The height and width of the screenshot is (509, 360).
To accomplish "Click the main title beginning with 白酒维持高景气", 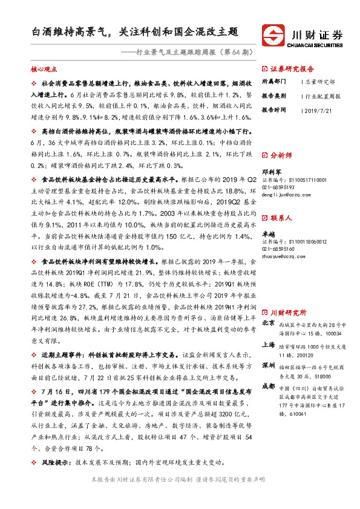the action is tap(135, 31).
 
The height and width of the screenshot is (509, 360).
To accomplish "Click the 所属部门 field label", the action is tap(274, 81).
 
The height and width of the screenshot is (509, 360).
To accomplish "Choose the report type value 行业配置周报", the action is tap(323, 96).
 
